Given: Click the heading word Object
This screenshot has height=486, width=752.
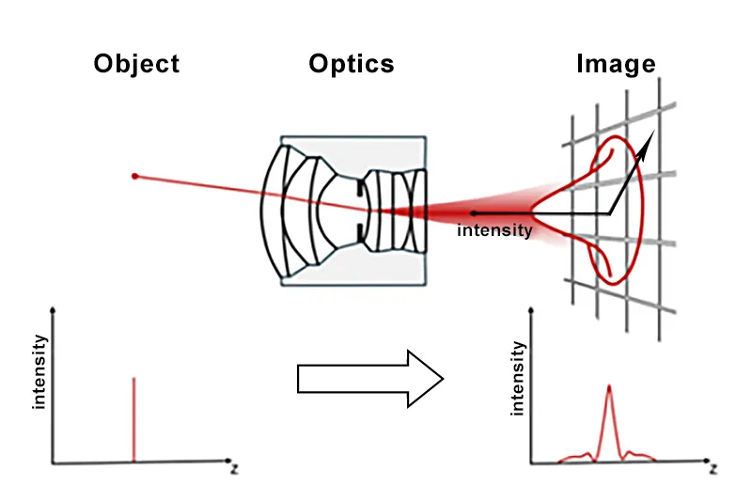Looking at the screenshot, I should [136, 64].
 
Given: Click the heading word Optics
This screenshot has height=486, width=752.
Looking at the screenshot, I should [352, 64].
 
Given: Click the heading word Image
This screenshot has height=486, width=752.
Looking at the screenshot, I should [615, 64].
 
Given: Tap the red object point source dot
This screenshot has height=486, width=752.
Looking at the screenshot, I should [134, 176].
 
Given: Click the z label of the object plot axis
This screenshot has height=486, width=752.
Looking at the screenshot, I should [232, 466].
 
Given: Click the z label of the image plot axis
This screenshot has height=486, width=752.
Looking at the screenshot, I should [713, 467].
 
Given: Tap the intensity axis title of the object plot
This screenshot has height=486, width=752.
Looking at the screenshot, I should [39, 375].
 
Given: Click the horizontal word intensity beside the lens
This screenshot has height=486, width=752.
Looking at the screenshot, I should [494, 229].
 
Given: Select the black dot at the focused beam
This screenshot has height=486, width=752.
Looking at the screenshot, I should [473, 214].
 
